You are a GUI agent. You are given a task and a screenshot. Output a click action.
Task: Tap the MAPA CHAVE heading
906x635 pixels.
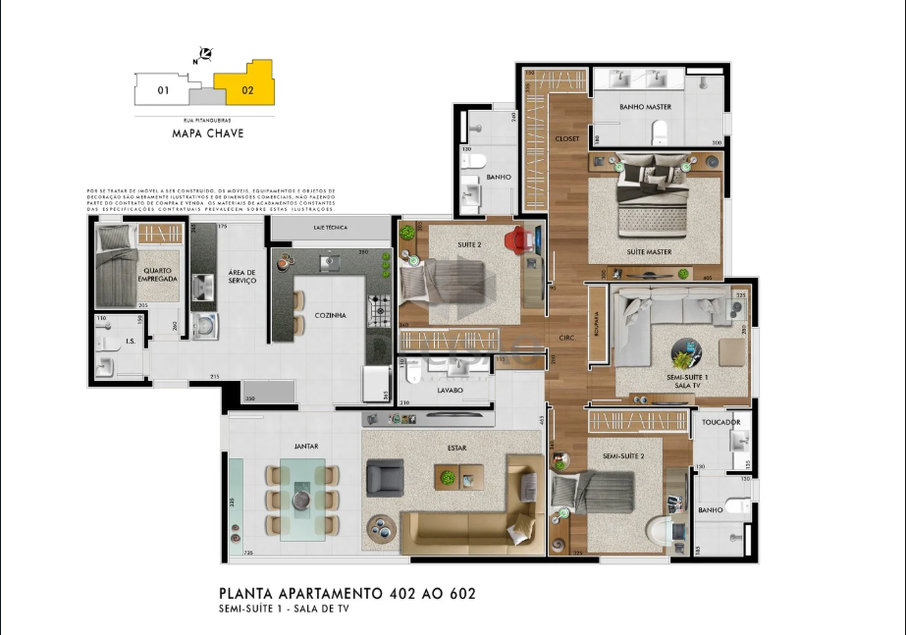pyautogui.click(x=207, y=133)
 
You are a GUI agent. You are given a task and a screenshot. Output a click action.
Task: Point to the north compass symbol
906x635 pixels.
pyautogui.click(x=206, y=53)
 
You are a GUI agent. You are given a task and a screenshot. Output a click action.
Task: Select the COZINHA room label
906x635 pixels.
pyautogui.click(x=331, y=315)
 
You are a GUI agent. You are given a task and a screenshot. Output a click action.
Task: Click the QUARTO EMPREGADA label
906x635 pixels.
pyautogui.click(x=159, y=275)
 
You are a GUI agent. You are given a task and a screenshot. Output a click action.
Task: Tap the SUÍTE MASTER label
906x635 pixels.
pyautogui.click(x=649, y=251)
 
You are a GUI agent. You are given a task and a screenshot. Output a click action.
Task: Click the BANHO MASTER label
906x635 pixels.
pyautogui.click(x=645, y=106)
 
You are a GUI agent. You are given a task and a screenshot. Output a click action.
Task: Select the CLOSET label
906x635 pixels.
pyautogui.click(x=567, y=138)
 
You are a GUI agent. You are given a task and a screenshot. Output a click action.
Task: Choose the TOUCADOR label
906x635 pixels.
pyautogui.click(x=721, y=423)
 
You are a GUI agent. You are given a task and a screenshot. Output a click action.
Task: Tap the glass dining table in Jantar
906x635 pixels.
pyautogui.click(x=300, y=500)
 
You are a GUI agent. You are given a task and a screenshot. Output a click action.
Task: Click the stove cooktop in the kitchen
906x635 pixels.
pyautogui.click(x=377, y=312)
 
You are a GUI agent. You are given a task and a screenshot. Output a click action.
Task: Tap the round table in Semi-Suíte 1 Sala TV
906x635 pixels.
pyautogui.click(x=686, y=352)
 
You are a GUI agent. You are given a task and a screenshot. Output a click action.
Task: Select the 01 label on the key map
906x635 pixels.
pyautogui.click(x=164, y=91)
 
